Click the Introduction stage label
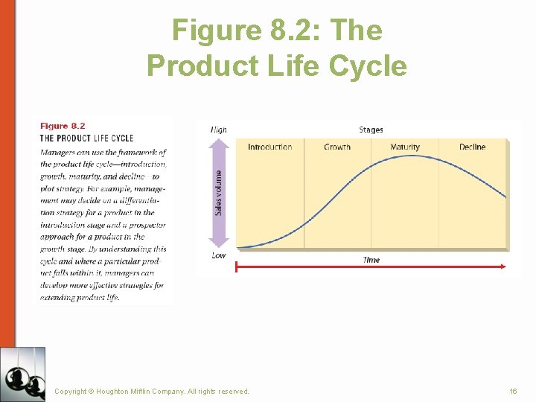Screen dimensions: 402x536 point(269,147)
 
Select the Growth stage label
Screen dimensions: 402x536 point(337,147)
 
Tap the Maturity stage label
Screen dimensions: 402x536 point(405,147)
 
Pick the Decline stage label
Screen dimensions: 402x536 point(472,147)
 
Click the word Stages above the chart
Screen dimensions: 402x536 point(371,130)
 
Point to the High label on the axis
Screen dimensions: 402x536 point(219,130)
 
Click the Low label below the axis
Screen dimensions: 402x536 point(219,255)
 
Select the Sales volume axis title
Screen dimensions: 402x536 point(219,193)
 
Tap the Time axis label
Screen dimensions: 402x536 point(371,260)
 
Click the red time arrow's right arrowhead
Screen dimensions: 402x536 point(503,266)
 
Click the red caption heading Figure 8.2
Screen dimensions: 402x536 point(63,126)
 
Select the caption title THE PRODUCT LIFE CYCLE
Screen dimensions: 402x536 point(86,138)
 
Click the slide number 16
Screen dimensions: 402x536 point(513,391)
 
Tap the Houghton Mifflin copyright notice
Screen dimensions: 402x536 point(152,391)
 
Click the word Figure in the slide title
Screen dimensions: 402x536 point(214,30)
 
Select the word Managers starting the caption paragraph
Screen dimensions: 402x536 point(57,152)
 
